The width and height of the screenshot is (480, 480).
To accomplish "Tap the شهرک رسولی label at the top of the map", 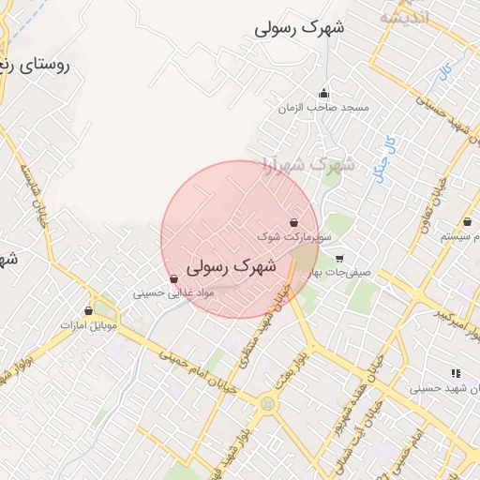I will pos(300,28).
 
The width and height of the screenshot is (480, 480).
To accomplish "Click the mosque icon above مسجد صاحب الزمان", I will pos(324,93).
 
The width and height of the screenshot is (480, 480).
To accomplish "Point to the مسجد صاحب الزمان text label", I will pos(323,108).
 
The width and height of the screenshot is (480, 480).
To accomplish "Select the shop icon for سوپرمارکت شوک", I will pos(295,223).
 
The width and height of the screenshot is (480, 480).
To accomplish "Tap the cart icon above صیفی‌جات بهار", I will pos(339,259).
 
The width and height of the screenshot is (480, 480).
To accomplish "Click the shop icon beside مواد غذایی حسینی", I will pos(173,279).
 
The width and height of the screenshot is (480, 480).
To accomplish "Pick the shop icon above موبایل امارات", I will pos(89,310).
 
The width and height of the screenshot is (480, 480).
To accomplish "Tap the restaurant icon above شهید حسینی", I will pos(456,372).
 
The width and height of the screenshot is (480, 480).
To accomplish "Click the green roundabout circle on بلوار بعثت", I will pos(270,405).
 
